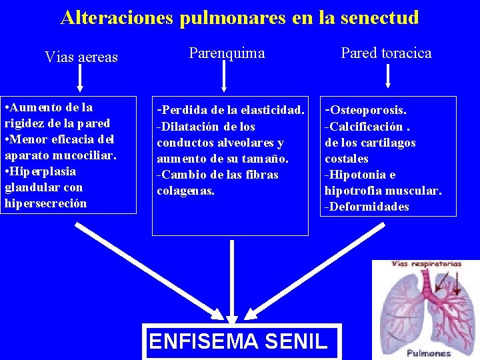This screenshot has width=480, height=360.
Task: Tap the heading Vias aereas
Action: [81, 57]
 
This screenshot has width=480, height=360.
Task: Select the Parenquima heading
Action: [227, 53]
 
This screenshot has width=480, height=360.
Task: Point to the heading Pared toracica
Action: [386, 53]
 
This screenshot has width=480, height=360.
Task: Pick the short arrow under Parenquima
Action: [225, 77]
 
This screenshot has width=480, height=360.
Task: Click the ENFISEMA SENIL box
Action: [238, 341]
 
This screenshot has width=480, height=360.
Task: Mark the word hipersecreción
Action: [45, 203]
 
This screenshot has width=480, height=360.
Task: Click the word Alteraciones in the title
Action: [117, 17]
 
